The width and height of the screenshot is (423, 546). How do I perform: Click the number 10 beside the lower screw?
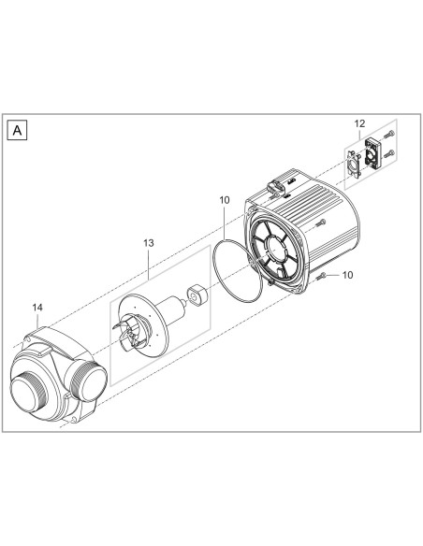coord(348,277)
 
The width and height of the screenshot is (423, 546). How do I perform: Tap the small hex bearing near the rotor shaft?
coord(197,296)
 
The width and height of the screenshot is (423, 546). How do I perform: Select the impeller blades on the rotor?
coord(128,327)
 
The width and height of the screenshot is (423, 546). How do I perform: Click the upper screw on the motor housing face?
coord(319,223)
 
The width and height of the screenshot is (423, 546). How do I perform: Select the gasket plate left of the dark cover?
coord(353,162)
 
